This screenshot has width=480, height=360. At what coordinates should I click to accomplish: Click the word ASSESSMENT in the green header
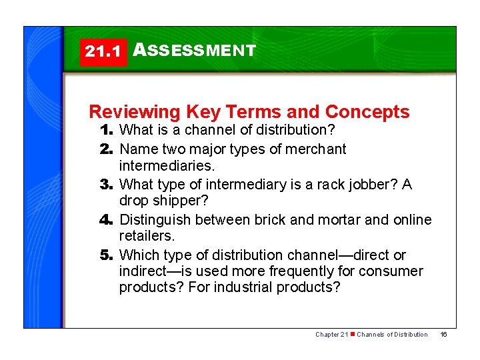(195, 50)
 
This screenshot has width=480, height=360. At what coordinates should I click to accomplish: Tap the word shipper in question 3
(177, 201)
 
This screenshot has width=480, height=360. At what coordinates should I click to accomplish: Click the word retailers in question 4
(146, 236)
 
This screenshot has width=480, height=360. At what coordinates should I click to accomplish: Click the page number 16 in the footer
(443, 334)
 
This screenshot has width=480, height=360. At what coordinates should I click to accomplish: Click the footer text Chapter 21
(331, 334)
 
